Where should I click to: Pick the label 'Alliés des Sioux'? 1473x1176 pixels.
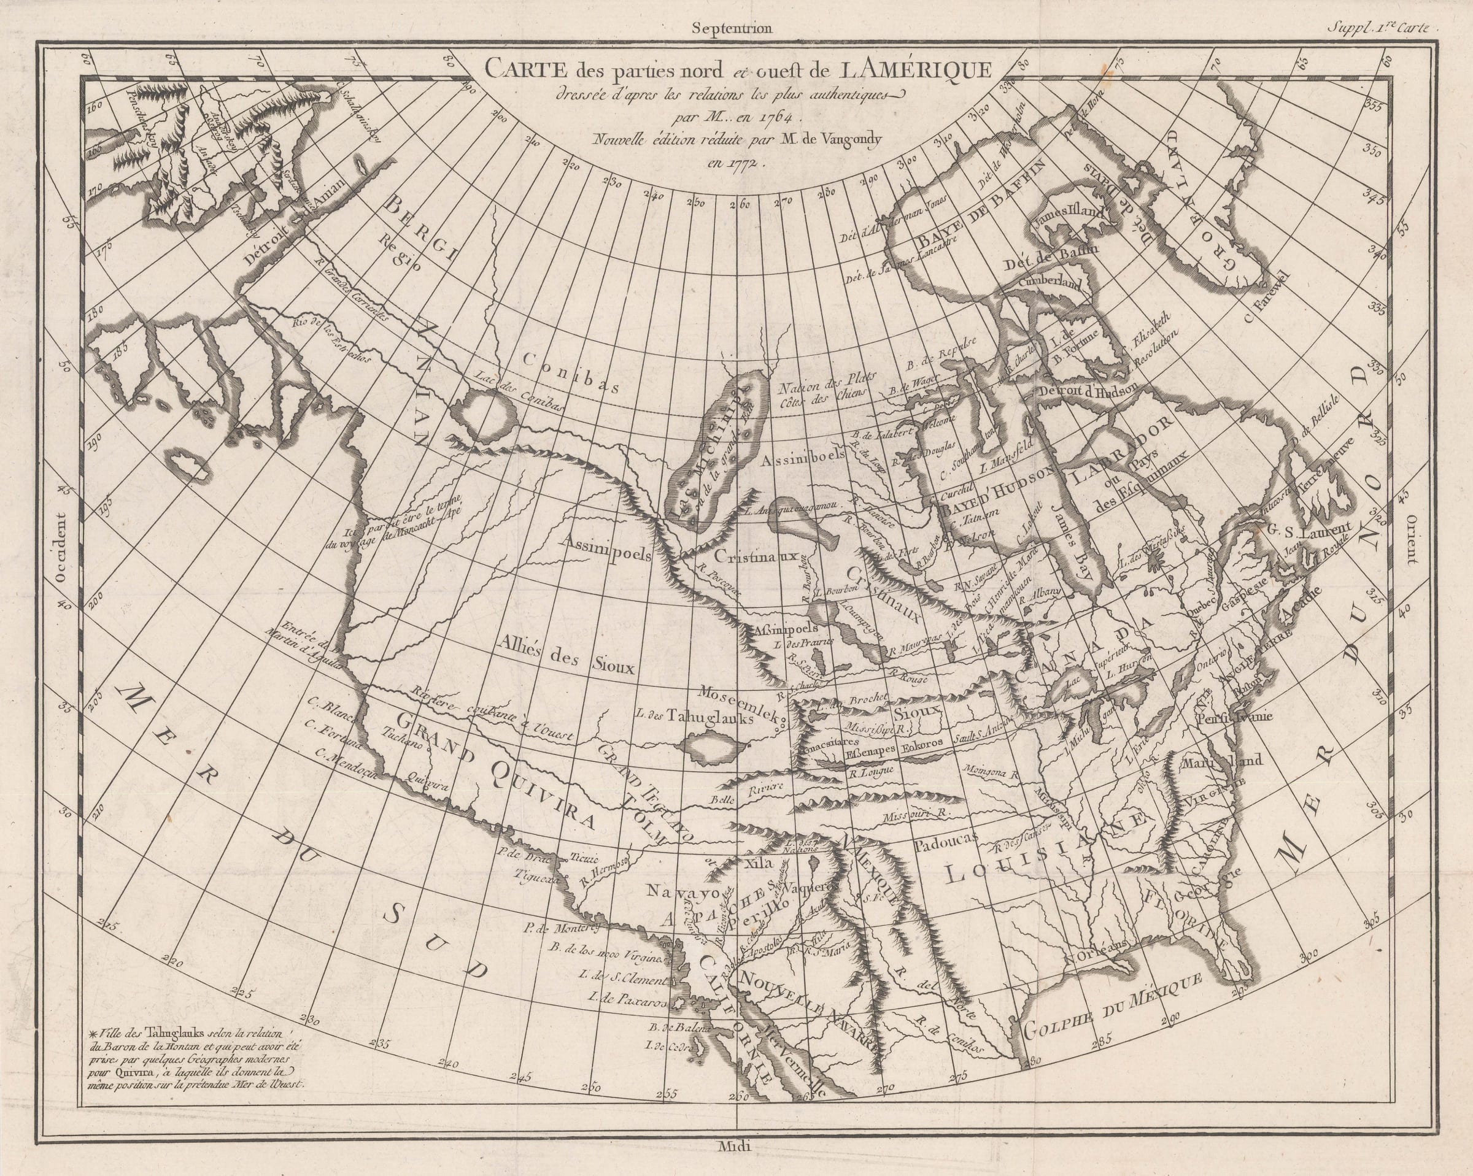click(x=566, y=654)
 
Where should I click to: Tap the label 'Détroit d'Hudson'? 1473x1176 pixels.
click(x=1086, y=391)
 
